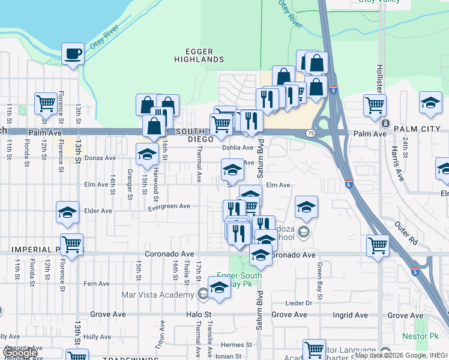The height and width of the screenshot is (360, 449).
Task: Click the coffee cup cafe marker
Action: pos(73,54)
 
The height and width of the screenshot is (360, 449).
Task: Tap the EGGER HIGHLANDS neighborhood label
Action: pos(199,56)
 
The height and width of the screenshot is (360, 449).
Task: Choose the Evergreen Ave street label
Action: pos(169,206)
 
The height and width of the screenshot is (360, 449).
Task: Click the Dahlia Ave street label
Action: pos(238,148)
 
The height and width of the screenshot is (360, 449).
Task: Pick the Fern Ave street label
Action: pos(96,284)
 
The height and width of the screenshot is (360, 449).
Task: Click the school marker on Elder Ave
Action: pos(68,212)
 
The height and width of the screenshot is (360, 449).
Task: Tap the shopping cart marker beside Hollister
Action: pos(375,105)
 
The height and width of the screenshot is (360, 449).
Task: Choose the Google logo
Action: pos(19,353)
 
